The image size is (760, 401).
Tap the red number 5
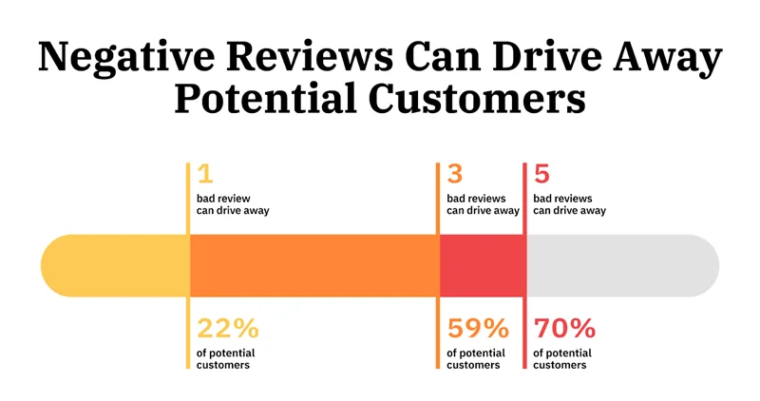tap(541, 174)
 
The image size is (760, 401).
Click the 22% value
tap(227, 329)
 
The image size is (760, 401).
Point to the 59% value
tap(478, 329)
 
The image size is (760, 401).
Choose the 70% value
tap(564, 329)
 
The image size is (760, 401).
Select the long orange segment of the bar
tap(313, 265)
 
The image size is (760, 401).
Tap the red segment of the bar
tap(482, 265)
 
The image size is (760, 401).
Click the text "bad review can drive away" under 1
tap(232, 204)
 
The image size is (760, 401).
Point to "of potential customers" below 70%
tap(562, 359)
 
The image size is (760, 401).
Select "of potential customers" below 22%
tap(225, 359)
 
